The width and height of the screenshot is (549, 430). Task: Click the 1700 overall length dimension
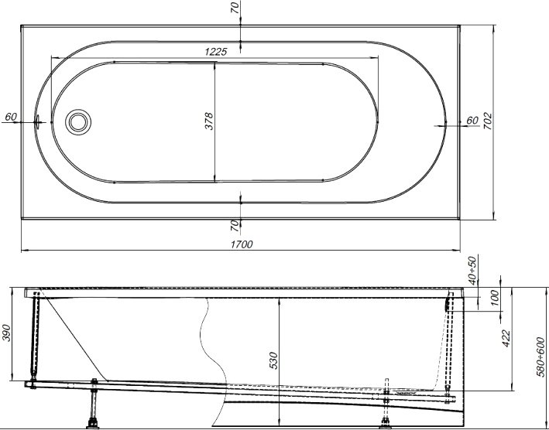[242, 244]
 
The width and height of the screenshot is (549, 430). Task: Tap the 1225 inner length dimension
[216, 52]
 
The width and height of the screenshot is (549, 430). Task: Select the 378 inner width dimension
[209, 121]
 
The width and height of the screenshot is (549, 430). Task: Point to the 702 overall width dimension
[487, 121]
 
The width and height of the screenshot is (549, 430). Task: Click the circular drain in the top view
[78, 122]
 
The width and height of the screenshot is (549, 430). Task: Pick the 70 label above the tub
[235, 7]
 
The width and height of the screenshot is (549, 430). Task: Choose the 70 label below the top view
[235, 226]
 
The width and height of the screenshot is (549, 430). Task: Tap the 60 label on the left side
[11, 117]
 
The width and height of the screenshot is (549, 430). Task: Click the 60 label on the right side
[472, 120]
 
